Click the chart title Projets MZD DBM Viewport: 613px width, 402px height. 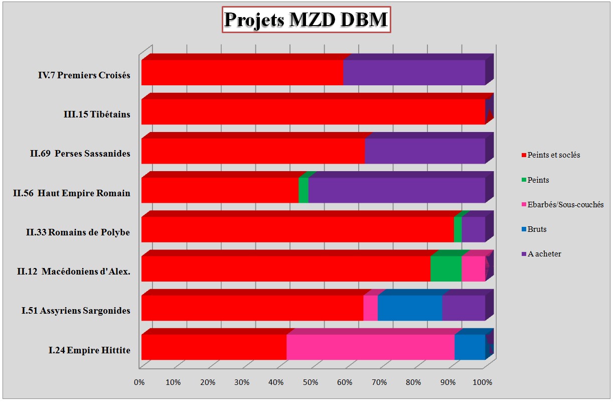coord(305,20)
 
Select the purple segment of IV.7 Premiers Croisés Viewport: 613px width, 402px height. coord(414,73)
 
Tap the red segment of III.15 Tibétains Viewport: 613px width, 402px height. coord(313,112)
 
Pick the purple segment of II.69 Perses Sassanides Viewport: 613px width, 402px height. coord(424,151)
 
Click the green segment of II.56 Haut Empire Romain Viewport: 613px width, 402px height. coord(303,190)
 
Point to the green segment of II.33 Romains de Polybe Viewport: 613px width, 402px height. coord(457,229)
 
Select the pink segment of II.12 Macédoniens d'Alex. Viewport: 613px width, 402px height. coord(473,269)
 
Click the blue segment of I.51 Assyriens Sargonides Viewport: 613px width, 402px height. coord(409,308)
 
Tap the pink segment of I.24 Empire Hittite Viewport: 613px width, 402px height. coord(370,347)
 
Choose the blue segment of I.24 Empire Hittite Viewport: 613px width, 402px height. coord(470,347)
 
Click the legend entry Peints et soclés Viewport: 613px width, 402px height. coord(553,155)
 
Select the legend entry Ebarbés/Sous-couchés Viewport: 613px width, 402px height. coord(565,205)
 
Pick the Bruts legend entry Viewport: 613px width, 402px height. coord(537,229)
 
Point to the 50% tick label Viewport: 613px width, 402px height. coord(311,383)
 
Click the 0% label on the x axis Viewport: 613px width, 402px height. coord(139,383)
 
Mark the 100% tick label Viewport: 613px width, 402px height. coord(483,383)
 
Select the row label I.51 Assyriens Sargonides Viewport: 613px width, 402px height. coord(76,311)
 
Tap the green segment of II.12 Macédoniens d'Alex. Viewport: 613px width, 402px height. coord(445,269)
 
